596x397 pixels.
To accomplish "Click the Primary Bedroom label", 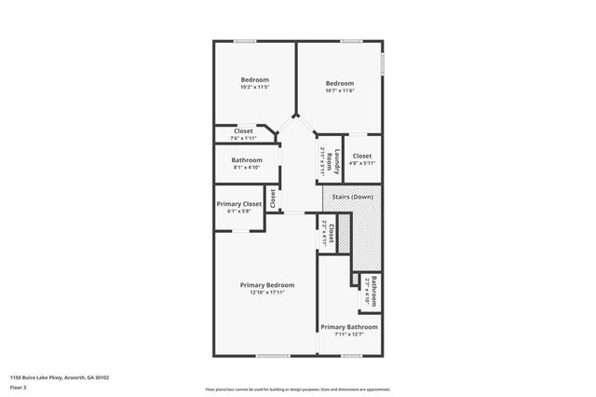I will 266,284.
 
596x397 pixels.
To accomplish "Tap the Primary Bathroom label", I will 349,327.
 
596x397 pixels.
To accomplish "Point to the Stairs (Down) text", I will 353,198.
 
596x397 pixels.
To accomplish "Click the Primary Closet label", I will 239,203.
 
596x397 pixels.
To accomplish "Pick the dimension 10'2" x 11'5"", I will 254,88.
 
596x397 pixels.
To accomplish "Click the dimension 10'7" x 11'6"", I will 339,90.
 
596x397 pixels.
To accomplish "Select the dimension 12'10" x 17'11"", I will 266,293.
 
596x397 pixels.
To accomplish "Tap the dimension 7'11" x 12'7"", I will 349,335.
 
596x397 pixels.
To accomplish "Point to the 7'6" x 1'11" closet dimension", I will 243,138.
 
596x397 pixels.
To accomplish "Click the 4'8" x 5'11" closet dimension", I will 361,163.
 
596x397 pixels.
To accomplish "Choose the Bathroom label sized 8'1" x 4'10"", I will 247,160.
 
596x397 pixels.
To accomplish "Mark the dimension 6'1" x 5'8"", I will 239,212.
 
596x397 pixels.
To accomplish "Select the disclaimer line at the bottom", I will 298,389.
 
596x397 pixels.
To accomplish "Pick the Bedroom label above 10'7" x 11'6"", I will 339,83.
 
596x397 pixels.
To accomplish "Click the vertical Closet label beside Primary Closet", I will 273,198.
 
